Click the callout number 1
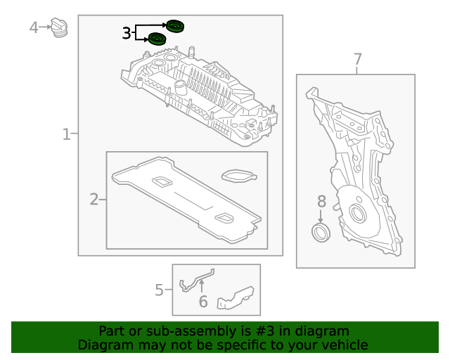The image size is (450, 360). point(66,134)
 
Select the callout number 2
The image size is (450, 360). point(94,200)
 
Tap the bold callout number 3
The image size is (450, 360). point(127,33)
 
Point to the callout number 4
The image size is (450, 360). point(34,27)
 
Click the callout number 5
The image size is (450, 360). point(159,290)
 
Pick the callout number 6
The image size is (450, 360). point(202,302)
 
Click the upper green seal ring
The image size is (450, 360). point(174,27)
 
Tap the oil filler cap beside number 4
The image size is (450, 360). point(60,30)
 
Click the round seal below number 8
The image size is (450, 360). point(321,233)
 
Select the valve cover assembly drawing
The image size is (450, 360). point(200,91)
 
